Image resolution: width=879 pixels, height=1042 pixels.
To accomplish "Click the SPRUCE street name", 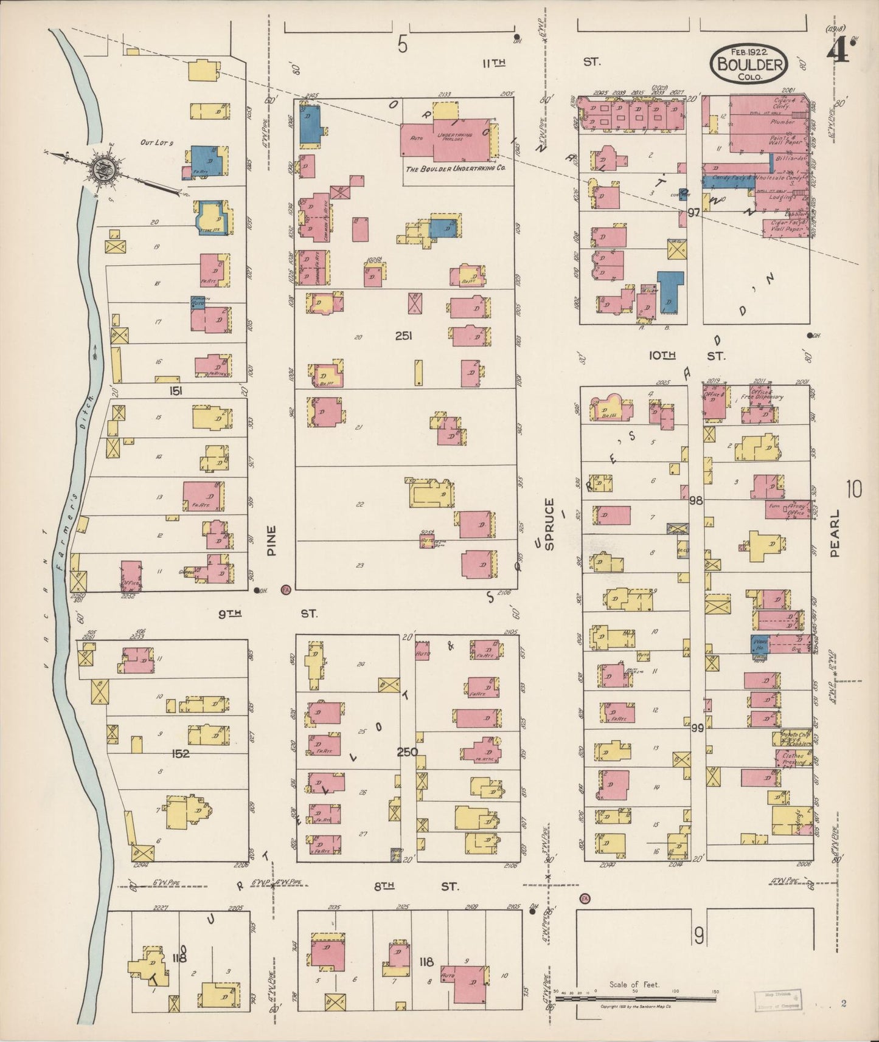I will pos(550,524).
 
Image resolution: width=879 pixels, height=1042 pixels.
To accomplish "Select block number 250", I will pos(407,752).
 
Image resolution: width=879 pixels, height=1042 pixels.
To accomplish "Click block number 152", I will pos(181,754).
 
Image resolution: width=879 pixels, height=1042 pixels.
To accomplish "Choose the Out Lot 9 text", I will pos(157,143).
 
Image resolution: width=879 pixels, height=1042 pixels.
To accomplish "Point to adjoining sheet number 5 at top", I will pos(401,44).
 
